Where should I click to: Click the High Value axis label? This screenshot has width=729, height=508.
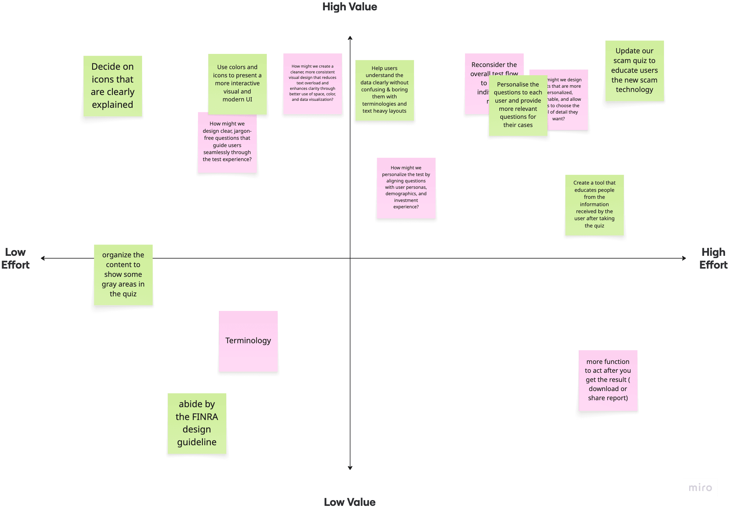349,7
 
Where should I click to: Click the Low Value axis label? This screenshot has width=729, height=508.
349,502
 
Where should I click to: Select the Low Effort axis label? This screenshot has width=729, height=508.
15,259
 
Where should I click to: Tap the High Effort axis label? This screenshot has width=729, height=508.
713,259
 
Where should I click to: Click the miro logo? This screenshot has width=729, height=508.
700,487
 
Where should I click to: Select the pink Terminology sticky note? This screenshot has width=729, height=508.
248,341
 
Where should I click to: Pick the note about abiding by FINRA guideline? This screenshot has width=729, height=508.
197,423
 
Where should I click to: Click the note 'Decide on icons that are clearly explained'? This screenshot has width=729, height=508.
113,86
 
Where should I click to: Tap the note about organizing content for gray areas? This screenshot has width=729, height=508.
123,275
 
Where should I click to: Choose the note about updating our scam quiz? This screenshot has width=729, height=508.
634,71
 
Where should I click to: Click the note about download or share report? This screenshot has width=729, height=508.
608,380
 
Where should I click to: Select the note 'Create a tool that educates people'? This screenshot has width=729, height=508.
594,205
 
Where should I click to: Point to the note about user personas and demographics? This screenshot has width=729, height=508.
406,188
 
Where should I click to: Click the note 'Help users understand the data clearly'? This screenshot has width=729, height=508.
384,90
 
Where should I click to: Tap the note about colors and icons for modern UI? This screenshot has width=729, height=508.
237,83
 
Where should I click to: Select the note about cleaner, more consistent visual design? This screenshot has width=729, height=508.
312,83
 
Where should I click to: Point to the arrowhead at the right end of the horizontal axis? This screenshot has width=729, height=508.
684,258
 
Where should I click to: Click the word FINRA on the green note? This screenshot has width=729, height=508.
206,417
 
